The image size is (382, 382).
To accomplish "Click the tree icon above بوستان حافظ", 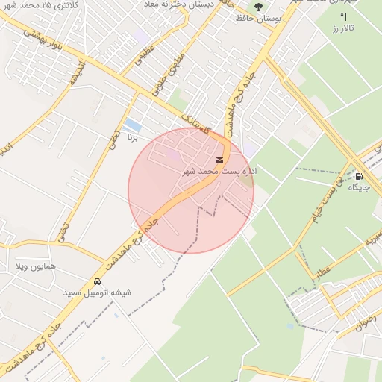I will [x=259, y=7].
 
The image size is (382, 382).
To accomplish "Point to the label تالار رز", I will [x=343, y=28].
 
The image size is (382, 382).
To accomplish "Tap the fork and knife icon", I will [x=343, y=16].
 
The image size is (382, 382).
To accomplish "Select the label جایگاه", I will [x=360, y=187].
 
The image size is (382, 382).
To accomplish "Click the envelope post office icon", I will [x=219, y=160].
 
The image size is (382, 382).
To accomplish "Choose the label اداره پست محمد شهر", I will [x=220, y=171].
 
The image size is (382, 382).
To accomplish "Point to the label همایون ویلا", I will [x=31, y=266].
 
